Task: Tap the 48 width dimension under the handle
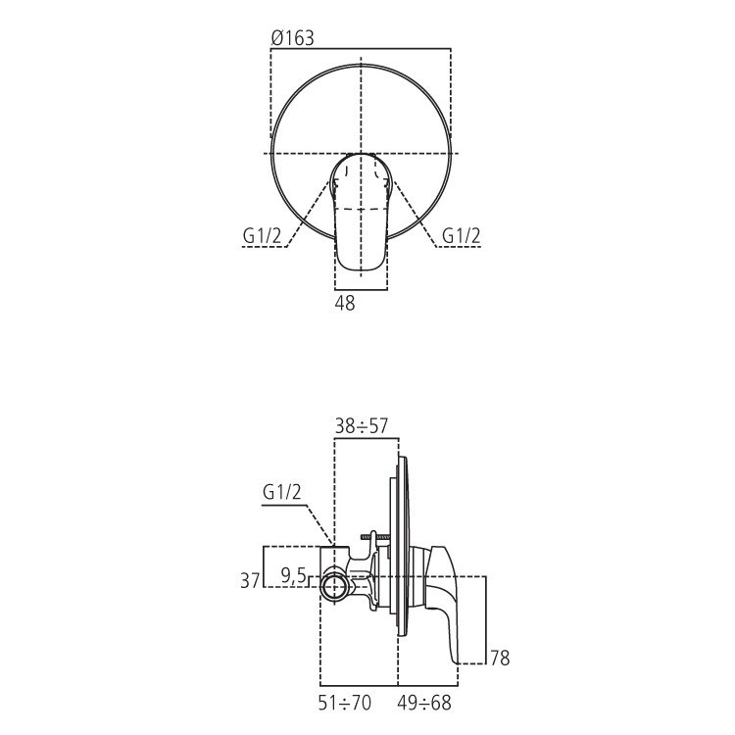[x=345, y=305]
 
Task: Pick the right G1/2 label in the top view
[x=461, y=236]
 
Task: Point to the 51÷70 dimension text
[x=345, y=702]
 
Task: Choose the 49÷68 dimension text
[x=425, y=702]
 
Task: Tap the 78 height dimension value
[x=499, y=658]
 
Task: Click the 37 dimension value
[x=251, y=580]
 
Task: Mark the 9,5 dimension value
[x=293, y=576]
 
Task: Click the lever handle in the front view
[x=361, y=220]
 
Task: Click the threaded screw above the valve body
[x=374, y=537]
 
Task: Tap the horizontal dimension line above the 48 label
[x=361, y=290]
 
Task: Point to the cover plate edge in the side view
[x=399, y=549]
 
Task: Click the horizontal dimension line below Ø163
[x=361, y=49]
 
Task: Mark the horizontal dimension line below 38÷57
[x=367, y=439]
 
